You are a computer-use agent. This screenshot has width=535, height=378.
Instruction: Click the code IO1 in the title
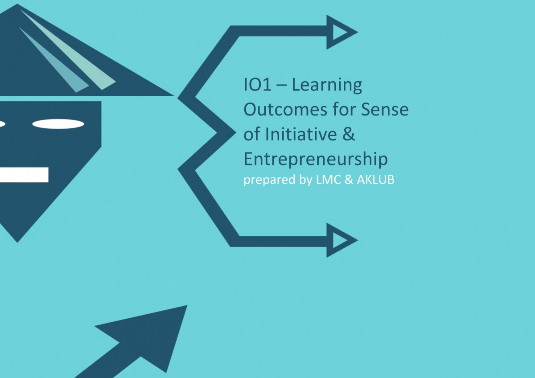tap(258, 85)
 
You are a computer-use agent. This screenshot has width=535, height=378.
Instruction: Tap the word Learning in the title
tap(327, 86)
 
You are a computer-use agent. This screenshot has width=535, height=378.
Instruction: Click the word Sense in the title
tap(385, 110)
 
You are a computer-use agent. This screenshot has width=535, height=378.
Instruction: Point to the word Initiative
tap(301, 134)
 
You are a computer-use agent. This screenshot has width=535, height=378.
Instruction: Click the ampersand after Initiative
tap(349, 134)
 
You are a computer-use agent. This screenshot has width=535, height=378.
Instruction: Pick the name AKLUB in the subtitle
tap(375, 180)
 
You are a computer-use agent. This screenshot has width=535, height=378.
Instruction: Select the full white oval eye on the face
tap(58, 124)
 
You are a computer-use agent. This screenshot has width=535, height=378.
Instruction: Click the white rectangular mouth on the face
tap(24, 175)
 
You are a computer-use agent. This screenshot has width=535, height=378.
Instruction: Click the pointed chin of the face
tap(17, 242)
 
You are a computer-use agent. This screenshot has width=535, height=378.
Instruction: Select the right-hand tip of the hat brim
tap(173, 96)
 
